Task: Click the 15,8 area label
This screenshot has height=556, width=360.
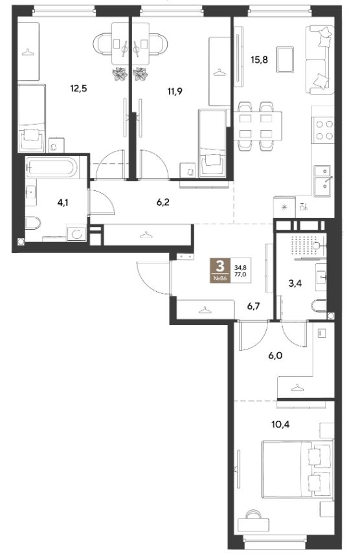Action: tap(259, 60)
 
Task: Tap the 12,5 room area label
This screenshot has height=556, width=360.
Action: tap(78, 88)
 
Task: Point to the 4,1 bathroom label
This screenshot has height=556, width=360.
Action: tap(63, 203)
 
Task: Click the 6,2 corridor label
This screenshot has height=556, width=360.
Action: tap(163, 202)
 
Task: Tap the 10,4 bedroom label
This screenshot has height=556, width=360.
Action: tap(280, 424)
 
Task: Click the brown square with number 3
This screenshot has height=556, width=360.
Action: tap(220, 270)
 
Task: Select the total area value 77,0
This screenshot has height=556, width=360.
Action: tap(240, 274)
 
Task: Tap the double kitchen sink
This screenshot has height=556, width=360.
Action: tap(322, 181)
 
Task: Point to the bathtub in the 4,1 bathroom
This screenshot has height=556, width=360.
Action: tap(52, 168)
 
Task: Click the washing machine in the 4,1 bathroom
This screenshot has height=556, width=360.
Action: tap(76, 234)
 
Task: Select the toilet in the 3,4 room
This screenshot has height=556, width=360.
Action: tap(319, 306)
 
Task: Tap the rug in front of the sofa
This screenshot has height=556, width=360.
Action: tap(286, 60)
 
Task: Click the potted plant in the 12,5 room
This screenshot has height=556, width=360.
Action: tap(120, 74)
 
